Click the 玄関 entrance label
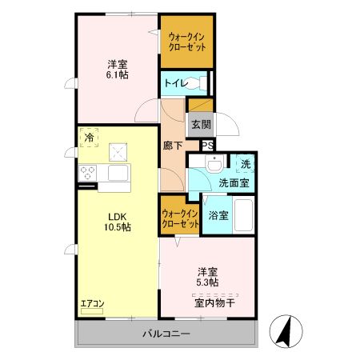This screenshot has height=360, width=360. pos(201,124)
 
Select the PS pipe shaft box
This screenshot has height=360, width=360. pos(206,146)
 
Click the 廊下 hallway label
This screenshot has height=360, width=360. pos(173,146)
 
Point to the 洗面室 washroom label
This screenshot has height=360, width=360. pos(234,183)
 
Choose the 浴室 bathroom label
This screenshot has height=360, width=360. pos(218,215)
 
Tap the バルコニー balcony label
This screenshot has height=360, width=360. pos(166,334)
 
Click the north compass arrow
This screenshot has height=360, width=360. pos(285,330)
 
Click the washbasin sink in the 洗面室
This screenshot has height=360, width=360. pos(214,166)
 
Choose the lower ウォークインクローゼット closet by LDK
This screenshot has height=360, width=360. pos(180,218)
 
